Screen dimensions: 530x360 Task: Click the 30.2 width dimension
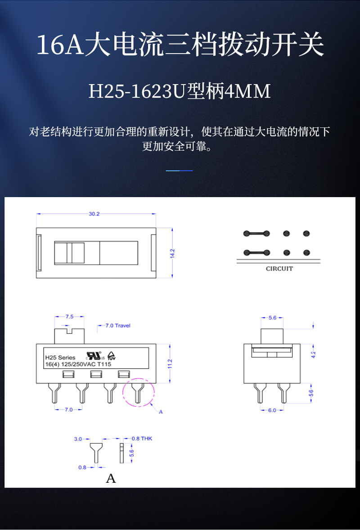tap(94, 214)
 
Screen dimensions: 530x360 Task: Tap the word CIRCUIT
tap(279, 269)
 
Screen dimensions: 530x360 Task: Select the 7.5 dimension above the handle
tap(69, 316)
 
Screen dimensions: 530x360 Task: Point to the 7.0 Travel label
tap(117, 325)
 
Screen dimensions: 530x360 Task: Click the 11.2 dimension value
tap(170, 364)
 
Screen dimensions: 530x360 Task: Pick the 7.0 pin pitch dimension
tap(68, 409)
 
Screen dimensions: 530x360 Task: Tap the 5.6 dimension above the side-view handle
tap(272, 318)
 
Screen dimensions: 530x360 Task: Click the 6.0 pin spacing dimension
tap(272, 410)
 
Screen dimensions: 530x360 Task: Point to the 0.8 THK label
tap(142, 438)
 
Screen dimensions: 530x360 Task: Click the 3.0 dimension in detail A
tap(78, 438)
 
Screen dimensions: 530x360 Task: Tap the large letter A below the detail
tap(111, 478)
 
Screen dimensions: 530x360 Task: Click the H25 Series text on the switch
tap(60, 357)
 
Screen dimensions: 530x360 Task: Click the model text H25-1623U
tap(137, 92)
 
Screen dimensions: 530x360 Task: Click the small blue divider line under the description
tap(179, 171)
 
